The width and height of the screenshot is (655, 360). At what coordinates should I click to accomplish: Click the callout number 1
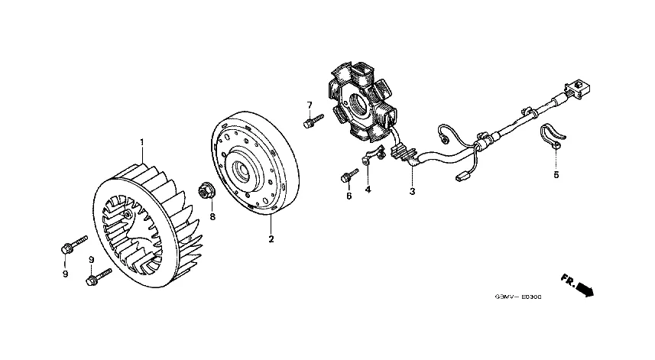[x=141, y=142]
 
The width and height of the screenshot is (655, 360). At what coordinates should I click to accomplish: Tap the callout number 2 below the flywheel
[x=271, y=239]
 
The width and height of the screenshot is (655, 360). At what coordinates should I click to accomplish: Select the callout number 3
[x=412, y=191]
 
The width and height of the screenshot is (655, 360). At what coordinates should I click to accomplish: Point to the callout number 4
[x=368, y=190]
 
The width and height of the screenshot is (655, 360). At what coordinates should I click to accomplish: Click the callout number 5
[x=556, y=175]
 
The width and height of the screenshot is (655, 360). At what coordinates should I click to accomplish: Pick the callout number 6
[x=349, y=196]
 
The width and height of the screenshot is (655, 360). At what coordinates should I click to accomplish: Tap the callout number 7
[x=310, y=105]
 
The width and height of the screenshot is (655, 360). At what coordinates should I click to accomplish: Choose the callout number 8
[x=212, y=216]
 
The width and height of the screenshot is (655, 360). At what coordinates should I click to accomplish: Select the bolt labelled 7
[x=310, y=122]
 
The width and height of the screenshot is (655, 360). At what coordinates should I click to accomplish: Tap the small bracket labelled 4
[x=371, y=158]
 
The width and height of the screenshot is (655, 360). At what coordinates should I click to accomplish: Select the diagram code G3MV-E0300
[x=516, y=298]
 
